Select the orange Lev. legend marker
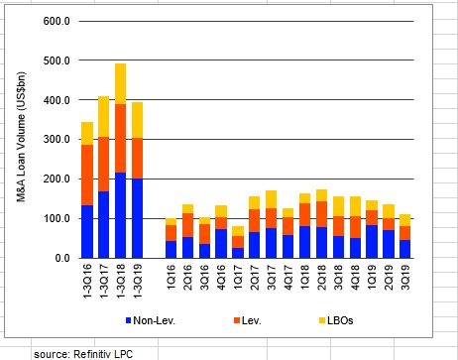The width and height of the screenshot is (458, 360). (x=236, y=320)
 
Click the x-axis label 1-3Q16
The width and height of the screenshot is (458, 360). (x=87, y=282)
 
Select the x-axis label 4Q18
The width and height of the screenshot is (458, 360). (x=355, y=278)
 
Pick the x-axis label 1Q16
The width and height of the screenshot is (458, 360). (x=171, y=278)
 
